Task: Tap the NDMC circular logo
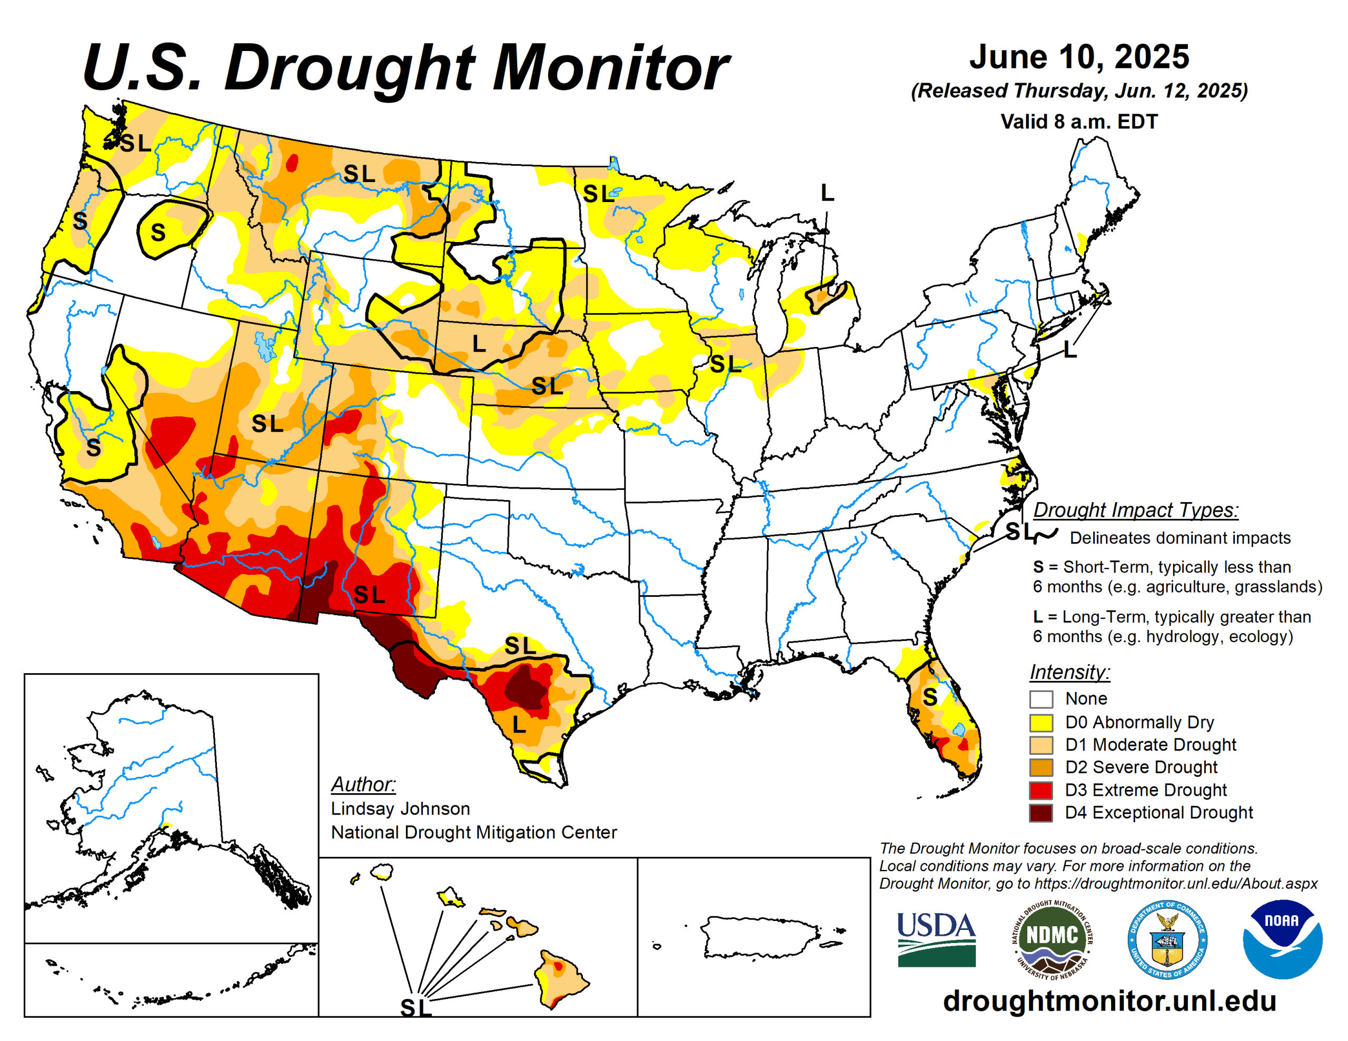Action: [x=1052, y=939]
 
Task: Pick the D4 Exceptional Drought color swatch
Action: [x=1040, y=813]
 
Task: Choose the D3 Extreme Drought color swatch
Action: [x=1040, y=790]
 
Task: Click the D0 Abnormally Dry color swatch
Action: [x=1040, y=722]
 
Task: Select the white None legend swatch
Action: [x=1040, y=699]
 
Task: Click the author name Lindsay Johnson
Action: [x=400, y=808]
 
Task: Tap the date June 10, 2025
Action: [x=1079, y=57]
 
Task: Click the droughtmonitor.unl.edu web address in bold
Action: [x=1109, y=1000]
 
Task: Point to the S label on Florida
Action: [x=929, y=697]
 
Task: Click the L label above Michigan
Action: [x=827, y=193]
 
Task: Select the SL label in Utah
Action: [x=267, y=424]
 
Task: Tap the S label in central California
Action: [x=93, y=448]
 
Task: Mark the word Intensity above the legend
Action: [x=1069, y=672]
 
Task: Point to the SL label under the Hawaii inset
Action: [x=415, y=1008]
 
